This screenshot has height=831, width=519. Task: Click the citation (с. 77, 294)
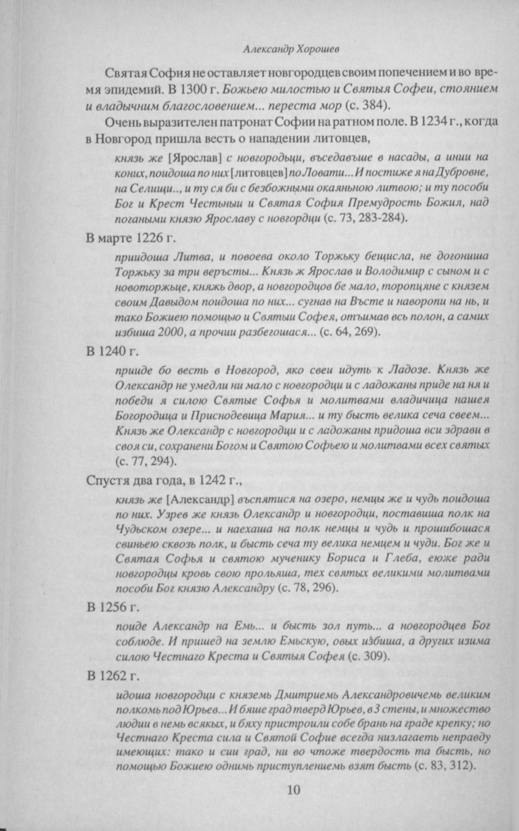(145, 461)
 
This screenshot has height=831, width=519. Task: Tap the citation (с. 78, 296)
(308, 588)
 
